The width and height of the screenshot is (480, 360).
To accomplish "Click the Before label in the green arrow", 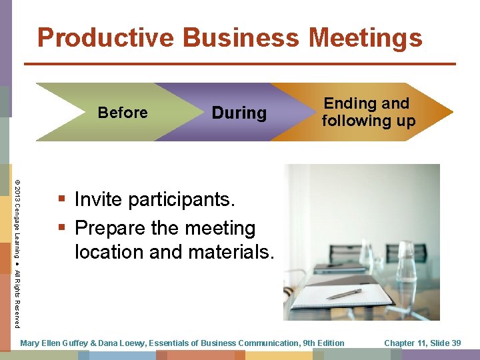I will point(123,113).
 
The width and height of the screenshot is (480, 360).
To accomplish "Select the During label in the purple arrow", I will point(239,113).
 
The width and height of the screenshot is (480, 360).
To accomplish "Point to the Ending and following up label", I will point(368,112).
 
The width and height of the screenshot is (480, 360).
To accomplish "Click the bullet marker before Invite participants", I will point(62,199).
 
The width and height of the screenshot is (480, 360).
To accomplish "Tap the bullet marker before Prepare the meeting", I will point(62,228).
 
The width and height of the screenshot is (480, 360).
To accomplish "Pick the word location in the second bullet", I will point(111,253).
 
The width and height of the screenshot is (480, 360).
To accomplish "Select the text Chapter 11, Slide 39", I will point(422,343).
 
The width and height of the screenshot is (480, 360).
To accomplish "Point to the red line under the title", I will point(240,63).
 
